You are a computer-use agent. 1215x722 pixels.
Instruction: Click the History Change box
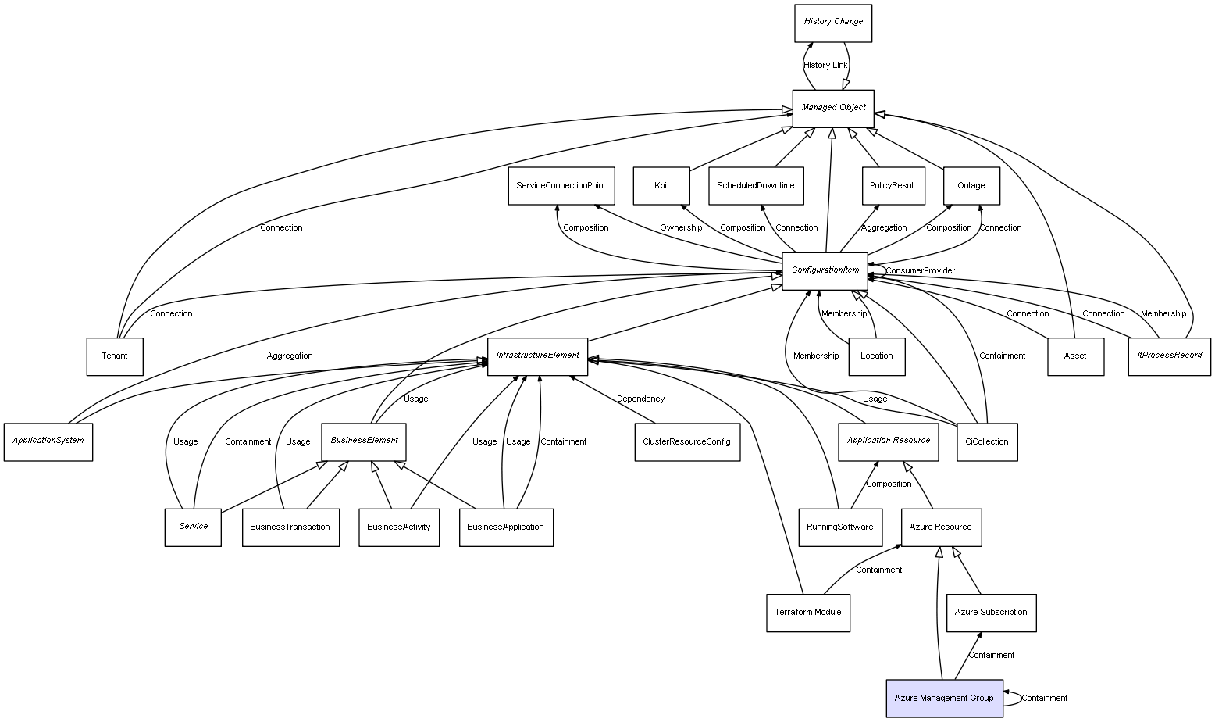pos(832,23)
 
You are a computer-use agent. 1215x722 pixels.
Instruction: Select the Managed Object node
pos(832,108)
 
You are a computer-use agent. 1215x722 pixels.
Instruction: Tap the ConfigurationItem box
pos(825,270)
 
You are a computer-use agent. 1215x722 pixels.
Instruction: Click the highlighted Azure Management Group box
pos(943,698)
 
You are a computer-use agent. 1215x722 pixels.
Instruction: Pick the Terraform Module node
pos(807,612)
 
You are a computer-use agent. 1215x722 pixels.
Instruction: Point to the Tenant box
pos(114,356)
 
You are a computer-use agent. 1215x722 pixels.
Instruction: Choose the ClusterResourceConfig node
pos(686,441)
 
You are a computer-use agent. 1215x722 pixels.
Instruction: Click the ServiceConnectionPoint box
pos(560,186)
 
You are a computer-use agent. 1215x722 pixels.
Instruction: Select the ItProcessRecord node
pos(1169,356)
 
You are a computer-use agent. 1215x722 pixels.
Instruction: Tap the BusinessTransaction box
pos(290,527)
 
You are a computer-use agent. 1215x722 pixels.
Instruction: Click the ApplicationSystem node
pos(48,441)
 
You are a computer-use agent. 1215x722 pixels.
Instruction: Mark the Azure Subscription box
pos(990,613)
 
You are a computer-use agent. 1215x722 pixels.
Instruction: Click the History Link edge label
pos(825,66)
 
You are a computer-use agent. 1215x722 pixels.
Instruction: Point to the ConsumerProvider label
pos(920,271)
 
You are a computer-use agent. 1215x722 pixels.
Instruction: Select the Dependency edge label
pos(640,399)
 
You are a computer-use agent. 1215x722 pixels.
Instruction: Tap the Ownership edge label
pos(680,228)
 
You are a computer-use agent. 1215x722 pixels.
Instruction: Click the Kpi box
pos(661,186)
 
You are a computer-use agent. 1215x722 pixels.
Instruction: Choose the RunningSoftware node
pos(839,527)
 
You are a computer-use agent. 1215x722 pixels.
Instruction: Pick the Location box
pos(876,356)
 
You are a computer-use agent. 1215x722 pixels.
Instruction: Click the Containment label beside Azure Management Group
pos(1044,699)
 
